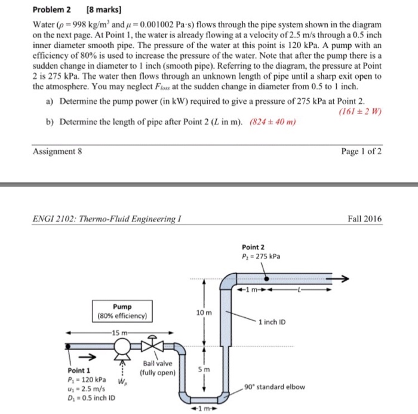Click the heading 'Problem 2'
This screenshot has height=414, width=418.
[52, 10]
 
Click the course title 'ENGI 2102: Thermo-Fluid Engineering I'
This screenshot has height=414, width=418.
[106, 219]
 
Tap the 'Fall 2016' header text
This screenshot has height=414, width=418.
[365, 219]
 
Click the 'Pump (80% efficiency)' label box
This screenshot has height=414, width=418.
[122, 311]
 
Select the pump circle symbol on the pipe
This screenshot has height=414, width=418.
[124, 345]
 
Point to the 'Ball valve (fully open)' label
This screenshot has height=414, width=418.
[158, 368]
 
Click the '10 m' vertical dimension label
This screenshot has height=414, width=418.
[204, 313]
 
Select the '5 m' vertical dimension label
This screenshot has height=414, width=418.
[204, 369]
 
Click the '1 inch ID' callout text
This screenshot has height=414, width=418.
[272, 323]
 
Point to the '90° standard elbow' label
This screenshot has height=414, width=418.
[275, 387]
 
